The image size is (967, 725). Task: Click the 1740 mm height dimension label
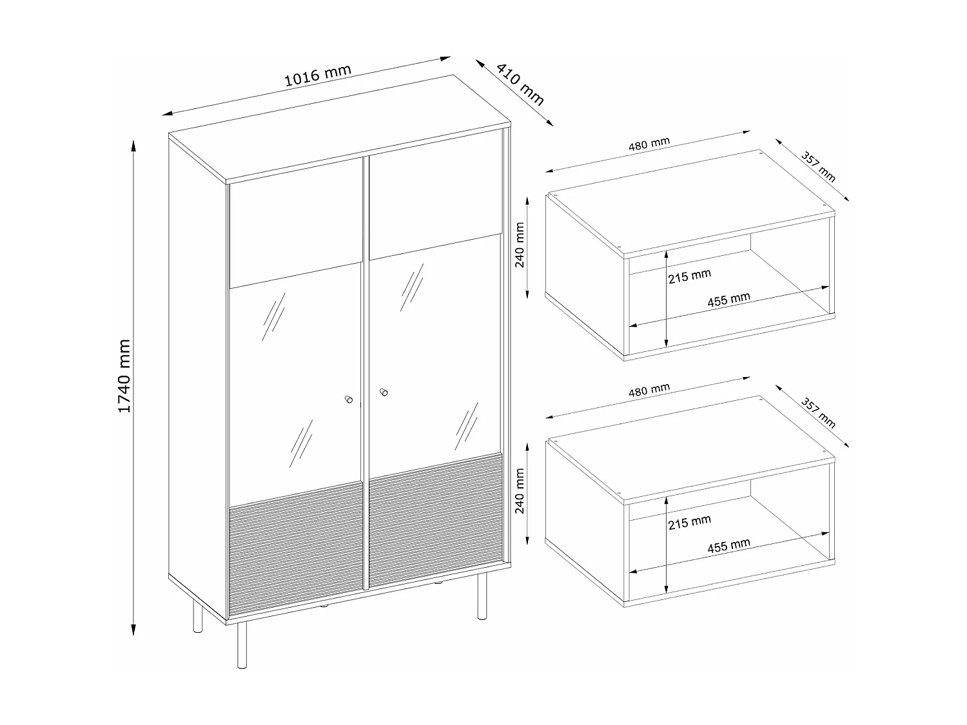click(124, 376)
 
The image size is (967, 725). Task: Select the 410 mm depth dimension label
click(520, 84)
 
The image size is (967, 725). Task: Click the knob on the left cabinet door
click(349, 400)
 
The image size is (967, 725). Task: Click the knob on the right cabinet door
click(384, 392)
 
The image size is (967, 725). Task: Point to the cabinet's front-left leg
click(242, 645)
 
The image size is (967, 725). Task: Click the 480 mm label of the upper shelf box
click(649, 144)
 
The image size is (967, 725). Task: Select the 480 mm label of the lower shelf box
click(649, 390)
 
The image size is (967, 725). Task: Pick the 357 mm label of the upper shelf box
click(817, 167)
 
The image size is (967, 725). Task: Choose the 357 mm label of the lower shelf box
click(817, 413)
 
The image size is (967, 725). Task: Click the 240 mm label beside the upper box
click(520, 245)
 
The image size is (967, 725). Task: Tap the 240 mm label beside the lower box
click(520, 491)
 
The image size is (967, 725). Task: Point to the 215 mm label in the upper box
click(689, 276)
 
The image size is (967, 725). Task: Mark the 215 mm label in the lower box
click(689, 522)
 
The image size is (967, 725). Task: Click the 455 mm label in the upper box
click(728, 299)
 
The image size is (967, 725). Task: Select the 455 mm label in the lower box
click(728, 545)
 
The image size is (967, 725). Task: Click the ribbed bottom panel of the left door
click(296, 548)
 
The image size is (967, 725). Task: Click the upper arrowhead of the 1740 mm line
click(133, 146)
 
